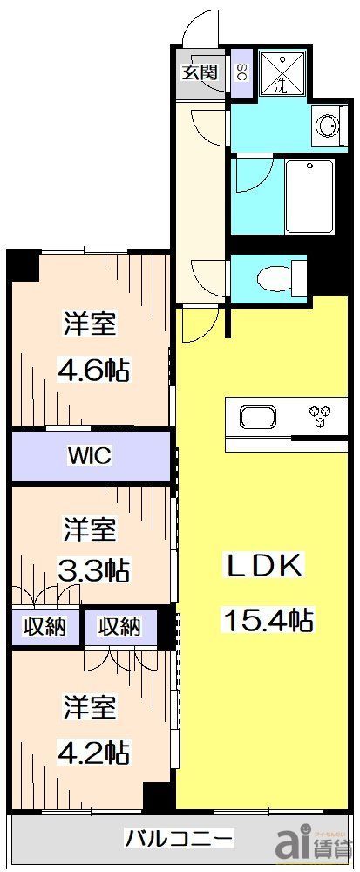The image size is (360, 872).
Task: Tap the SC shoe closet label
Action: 241,73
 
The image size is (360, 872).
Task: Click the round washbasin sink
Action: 329,126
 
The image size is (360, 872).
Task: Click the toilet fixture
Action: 278,276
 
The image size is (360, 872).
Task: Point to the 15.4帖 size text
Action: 268,620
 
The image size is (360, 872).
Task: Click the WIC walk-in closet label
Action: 89,454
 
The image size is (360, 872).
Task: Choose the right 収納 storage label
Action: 120,626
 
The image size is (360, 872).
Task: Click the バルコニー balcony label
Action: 179,839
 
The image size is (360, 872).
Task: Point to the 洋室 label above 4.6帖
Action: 90,324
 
